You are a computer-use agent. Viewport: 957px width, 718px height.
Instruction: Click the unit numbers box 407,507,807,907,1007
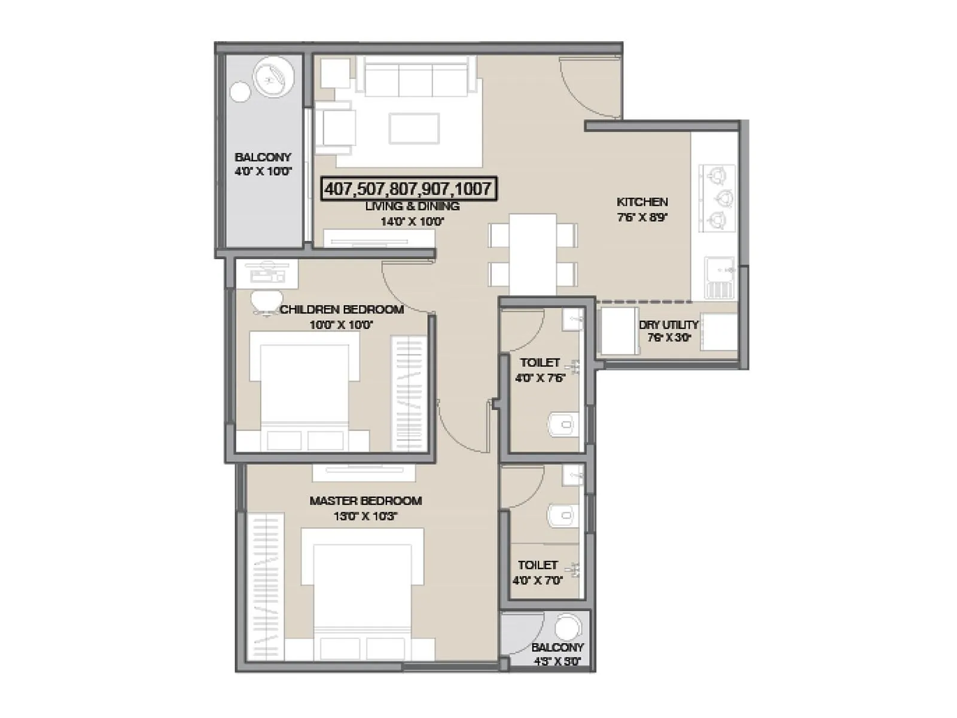[x=408, y=189]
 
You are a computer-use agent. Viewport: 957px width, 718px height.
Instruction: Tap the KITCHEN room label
[x=642, y=202]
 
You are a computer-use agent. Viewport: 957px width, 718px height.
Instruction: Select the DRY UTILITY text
[x=668, y=324]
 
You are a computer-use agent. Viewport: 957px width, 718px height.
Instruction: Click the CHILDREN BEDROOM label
[x=342, y=309]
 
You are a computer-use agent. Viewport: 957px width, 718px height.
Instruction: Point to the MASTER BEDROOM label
[x=365, y=501]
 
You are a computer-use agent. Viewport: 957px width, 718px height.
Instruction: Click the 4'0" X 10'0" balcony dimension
[x=263, y=172]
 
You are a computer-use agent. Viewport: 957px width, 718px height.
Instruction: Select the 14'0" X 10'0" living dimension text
[x=412, y=221]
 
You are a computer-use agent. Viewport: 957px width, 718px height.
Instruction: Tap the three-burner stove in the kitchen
[x=717, y=198]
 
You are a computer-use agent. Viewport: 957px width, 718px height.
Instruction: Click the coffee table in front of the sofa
[x=414, y=129]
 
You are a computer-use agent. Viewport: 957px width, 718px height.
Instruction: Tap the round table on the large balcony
[x=273, y=77]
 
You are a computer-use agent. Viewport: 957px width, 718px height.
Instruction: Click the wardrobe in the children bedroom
[x=408, y=393]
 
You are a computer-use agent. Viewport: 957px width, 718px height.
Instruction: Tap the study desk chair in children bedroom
[x=266, y=301]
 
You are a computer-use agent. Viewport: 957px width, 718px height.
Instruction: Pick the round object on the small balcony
[x=568, y=628]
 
